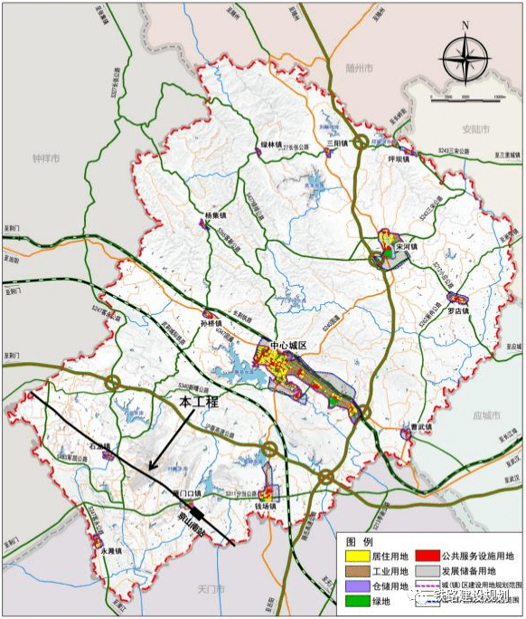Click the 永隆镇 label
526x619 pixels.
coord(110,550)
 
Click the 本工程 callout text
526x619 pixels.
coord(198,399)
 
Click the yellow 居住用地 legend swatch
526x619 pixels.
coord(350,555)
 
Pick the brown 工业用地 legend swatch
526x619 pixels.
coord(350,571)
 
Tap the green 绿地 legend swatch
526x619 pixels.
coord(350,600)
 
